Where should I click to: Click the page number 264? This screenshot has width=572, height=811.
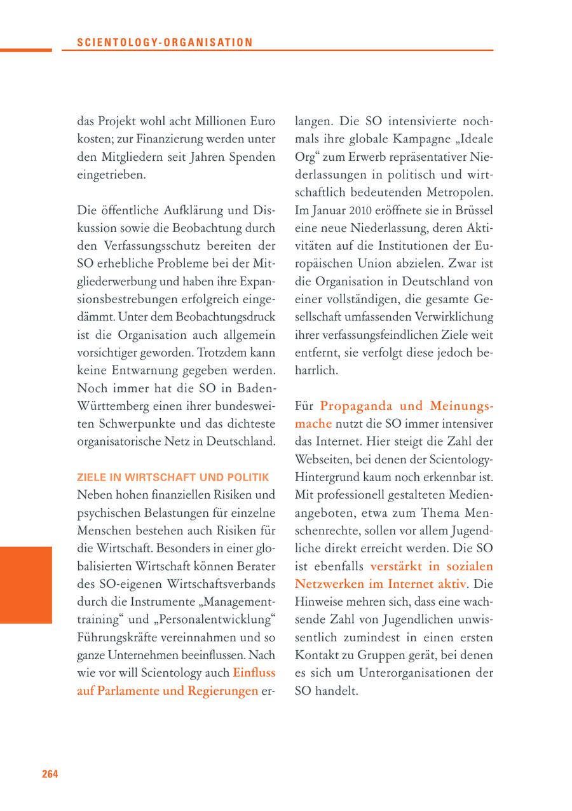(x=50, y=774)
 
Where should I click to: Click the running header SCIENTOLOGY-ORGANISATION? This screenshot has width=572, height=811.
(x=165, y=43)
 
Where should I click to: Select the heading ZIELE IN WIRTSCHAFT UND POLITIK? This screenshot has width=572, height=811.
(x=174, y=477)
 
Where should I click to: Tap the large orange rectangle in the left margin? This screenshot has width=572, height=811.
(x=25, y=584)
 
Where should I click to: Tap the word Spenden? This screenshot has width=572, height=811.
(x=249, y=156)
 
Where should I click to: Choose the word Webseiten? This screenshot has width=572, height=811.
(x=322, y=458)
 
